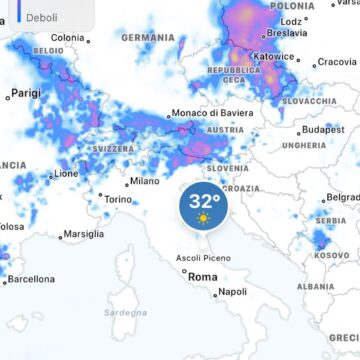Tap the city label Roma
(203, 277)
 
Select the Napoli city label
(232, 292)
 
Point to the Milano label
(145, 182)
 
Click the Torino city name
(118, 199)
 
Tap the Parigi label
(26, 93)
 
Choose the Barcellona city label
(31, 279)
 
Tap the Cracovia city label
(336, 62)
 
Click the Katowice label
(274, 57)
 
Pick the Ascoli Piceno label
(203, 258)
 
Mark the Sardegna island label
(125, 313)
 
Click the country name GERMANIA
(148, 38)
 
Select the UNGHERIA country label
(304, 145)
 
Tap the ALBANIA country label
(316, 286)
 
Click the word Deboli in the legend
(42, 17)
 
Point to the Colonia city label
(68, 38)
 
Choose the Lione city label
(66, 173)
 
